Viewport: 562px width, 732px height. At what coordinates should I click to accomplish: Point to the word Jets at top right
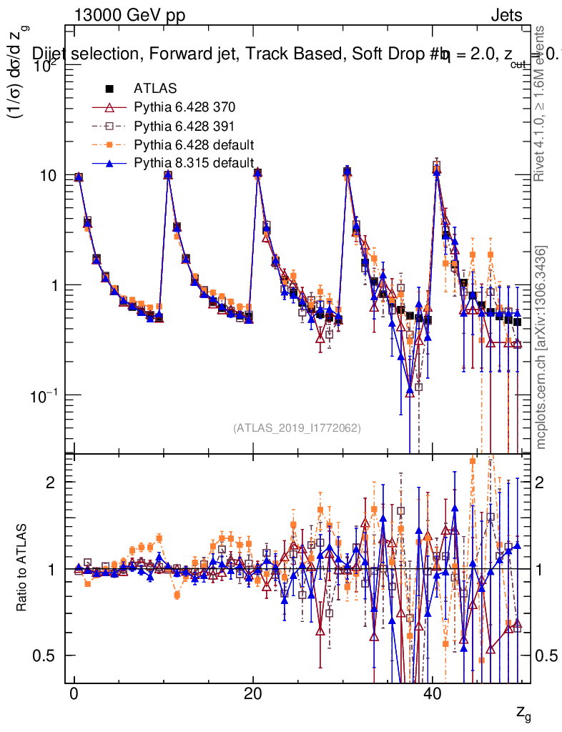pos(506,16)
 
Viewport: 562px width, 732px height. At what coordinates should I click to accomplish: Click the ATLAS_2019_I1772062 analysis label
pos(297,428)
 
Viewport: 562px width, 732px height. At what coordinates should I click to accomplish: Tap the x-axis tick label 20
pos(252,696)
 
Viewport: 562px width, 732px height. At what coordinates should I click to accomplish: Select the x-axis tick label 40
pos(430,696)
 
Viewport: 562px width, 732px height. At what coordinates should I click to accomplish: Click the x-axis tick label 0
pos(74,696)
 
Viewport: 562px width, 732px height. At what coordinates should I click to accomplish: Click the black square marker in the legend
pos(109,89)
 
